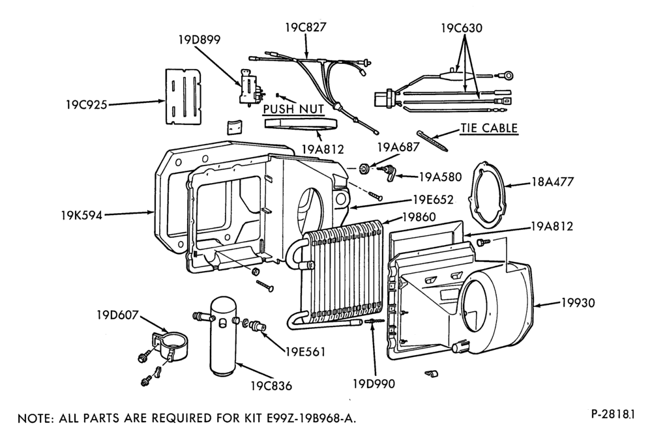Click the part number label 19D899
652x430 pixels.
click(200, 40)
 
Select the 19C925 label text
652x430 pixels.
click(86, 104)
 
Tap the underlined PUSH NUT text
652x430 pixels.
click(293, 109)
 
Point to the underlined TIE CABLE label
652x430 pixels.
click(489, 128)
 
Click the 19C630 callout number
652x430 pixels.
click(462, 28)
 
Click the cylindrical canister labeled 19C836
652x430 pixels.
click(223, 335)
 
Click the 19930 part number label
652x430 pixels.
click(578, 302)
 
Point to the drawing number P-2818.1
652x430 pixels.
click(614, 414)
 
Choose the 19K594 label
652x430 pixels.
click(81, 216)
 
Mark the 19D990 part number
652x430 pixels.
click(374, 384)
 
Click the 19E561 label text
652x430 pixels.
click(305, 352)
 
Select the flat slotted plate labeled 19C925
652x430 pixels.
click(183, 96)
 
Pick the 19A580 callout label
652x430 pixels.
click(440, 177)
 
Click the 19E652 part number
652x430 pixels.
click(433, 199)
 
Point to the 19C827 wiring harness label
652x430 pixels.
click(306, 27)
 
